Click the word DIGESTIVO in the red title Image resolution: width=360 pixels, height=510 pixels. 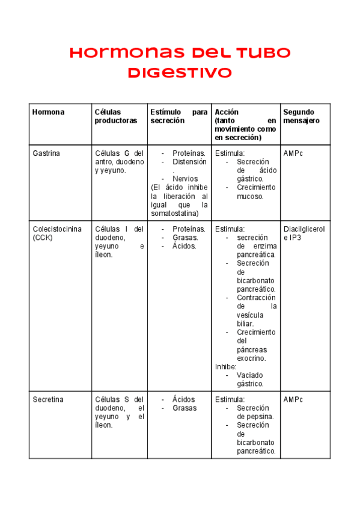[179, 73]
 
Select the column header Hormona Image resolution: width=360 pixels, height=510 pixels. [49, 112]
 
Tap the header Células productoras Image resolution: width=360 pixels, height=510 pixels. [116, 116]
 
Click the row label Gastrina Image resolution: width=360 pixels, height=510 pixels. [46, 153]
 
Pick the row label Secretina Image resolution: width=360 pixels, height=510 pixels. [48, 399]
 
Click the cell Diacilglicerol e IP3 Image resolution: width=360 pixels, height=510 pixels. [304, 233]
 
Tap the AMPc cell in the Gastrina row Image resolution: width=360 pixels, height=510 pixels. [293, 153]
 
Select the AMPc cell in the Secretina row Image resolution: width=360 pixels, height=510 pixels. [293, 399]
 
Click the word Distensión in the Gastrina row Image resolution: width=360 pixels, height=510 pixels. [189, 162]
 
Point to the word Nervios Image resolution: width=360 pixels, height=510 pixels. [185, 179]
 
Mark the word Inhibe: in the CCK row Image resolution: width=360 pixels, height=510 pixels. [226, 366]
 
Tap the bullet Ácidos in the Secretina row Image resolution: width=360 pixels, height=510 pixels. [183, 399]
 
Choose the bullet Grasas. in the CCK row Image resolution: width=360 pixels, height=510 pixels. [185, 238]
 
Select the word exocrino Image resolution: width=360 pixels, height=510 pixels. [251, 358]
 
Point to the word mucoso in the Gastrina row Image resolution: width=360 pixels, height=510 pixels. [250, 196]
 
